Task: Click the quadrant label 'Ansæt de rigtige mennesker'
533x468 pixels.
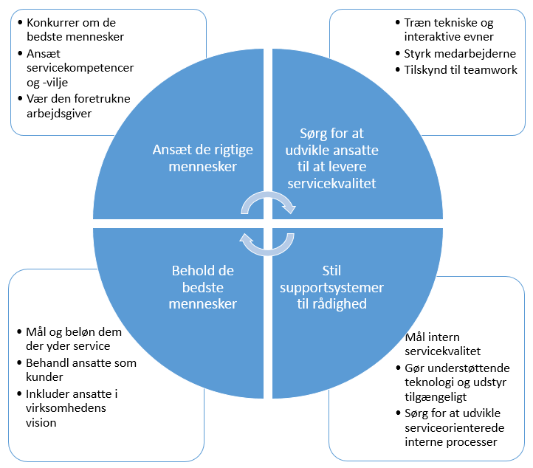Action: (202, 157)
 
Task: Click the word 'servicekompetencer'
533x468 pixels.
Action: (80, 67)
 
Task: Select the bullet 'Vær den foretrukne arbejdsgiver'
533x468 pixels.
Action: (78, 106)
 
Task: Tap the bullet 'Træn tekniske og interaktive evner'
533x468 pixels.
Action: (449, 30)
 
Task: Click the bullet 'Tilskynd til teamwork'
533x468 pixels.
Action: (461, 70)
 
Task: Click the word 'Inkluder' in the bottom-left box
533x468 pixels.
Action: (48, 393)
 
